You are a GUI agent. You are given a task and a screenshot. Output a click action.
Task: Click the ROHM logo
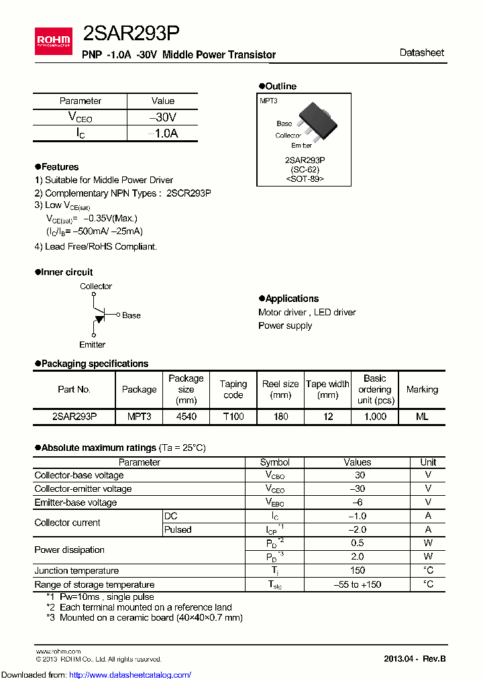pos(54,42)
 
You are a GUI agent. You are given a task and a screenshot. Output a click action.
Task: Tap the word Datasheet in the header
pos(421,52)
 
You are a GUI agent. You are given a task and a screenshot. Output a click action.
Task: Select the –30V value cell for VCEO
pos(163,117)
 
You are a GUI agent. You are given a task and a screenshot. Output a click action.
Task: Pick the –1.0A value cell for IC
pos(163,134)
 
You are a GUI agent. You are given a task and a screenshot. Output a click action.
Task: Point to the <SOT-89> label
pos(305,179)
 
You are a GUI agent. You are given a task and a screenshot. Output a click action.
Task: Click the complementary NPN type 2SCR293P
pos(189,193)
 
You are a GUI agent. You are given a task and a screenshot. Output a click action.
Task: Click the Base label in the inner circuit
pos(131,315)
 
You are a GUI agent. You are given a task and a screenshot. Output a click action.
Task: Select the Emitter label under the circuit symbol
pos(93,344)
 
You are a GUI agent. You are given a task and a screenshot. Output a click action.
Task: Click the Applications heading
pos(292,299)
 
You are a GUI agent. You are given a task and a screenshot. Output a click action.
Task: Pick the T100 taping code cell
pos(233,417)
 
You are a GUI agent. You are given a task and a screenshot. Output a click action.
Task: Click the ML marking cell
pos(421,417)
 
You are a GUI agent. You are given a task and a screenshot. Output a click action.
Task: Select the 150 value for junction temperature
pos(357,570)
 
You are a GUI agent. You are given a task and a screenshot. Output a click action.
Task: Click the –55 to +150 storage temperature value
pos(357,584)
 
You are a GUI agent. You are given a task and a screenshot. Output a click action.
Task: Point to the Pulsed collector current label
pos(178,529)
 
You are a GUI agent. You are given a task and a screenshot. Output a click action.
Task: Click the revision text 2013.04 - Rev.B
pos(414,658)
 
